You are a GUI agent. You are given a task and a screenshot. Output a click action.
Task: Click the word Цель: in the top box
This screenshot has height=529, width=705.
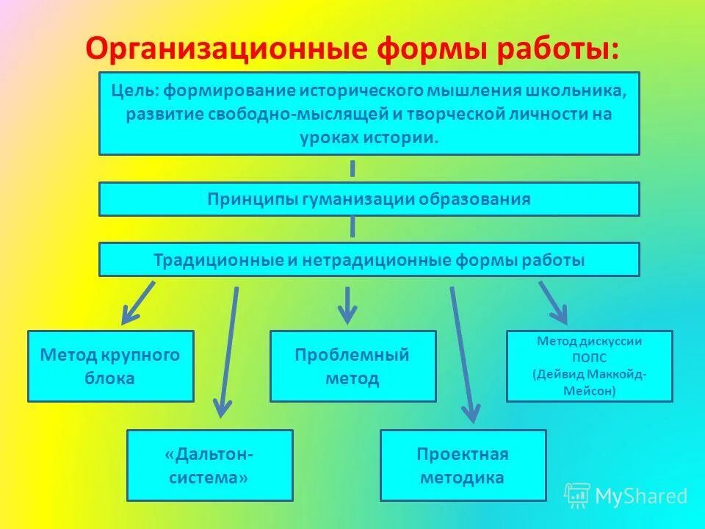click(x=135, y=92)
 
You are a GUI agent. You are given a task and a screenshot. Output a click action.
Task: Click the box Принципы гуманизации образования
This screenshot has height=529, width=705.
click(x=369, y=199)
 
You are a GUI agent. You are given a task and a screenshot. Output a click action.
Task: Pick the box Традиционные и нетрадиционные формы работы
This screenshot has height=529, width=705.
click(x=369, y=260)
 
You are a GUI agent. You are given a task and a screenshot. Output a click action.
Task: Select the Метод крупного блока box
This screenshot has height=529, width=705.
click(x=110, y=367)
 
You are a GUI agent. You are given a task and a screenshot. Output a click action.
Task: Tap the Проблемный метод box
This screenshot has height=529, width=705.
click(x=352, y=367)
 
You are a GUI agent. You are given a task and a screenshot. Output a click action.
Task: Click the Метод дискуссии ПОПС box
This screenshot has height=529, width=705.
click(x=589, y=367)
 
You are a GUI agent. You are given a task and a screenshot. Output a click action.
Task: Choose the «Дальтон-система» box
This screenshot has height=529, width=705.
click(x=209, y=465)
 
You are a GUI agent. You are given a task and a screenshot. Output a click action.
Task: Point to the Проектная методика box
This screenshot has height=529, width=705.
click(x=463, y=465)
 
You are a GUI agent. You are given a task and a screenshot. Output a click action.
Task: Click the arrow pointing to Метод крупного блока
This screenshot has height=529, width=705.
click(x=138, y=302)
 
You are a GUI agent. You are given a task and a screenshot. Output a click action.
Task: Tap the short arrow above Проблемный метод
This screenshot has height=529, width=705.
click(x=347, y=304)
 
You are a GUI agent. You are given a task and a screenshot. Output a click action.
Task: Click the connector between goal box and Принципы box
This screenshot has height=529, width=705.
click(x=352, y=168)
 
